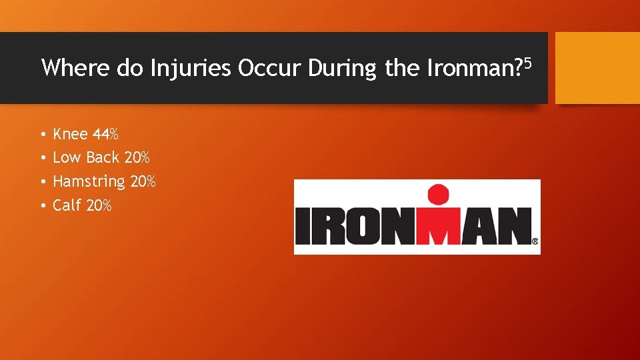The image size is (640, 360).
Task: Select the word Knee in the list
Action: pos(70,135)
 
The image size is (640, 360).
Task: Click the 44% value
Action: pos(105,135)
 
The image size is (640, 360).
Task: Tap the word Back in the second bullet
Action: pos(103,158)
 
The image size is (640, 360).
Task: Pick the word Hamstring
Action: pos(89,182)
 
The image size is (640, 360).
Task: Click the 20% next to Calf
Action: pos(99,205)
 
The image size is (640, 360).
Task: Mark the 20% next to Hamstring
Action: pos(143,181)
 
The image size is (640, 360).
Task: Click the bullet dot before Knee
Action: pos(42,135)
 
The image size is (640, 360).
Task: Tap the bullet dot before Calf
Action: pos(42,206)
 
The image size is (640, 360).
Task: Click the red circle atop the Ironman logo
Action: pos(437,195)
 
